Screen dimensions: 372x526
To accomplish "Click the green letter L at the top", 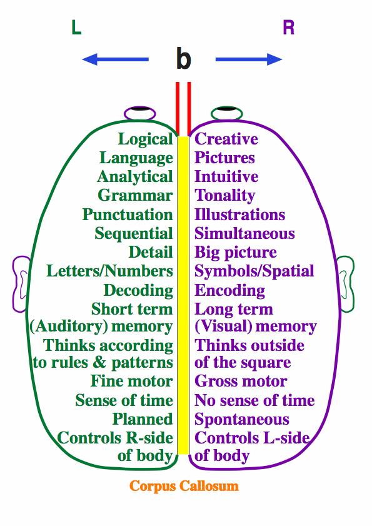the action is (x=76, y=28).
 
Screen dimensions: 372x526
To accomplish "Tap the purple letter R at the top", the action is (x=288, y=28).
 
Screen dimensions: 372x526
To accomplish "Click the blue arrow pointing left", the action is (x=116, y=59).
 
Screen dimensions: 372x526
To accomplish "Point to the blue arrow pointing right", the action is (x=249, y=59).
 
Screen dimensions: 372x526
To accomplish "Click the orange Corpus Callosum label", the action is (x=184, y=486).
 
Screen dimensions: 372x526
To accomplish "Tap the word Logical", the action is (x=145, y=139).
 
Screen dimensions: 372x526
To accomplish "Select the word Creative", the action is (x=226, y=139).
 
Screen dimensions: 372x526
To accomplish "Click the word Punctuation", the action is (x=128, y=215).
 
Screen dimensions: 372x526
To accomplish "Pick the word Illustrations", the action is (x=240, y=215).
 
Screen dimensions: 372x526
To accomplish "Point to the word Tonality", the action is (x=224, y=196).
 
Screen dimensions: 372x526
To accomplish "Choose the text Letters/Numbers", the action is (x=109, y=271).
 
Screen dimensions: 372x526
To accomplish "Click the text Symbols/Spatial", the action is (x=254, y=271).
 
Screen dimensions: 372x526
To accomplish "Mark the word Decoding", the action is (x=138, y=290).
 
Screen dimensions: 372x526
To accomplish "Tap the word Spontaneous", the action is (x=242, y=420).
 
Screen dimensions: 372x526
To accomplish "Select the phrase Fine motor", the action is (x=131, y=381).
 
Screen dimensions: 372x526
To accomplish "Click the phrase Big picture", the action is (x=236, y=253).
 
